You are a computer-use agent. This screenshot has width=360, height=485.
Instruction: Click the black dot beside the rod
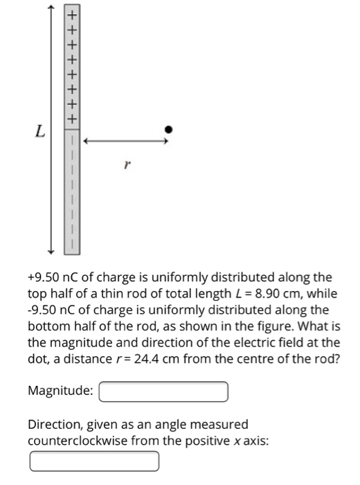[168, 129]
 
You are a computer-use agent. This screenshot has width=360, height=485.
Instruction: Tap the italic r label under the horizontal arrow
[125, 166]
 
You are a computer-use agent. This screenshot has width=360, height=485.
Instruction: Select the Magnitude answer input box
[164, 391]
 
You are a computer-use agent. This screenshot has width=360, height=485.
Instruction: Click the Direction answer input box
[94, 460]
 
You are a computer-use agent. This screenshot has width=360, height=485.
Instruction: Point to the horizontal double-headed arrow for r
[125, 141]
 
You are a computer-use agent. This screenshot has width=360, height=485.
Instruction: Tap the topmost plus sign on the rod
[71, 13]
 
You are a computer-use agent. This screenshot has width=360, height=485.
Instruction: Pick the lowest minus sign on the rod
[71, 242]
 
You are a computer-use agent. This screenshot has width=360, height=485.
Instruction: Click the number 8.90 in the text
[269, 293]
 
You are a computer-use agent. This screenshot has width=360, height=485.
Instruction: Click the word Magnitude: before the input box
[60, 391]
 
